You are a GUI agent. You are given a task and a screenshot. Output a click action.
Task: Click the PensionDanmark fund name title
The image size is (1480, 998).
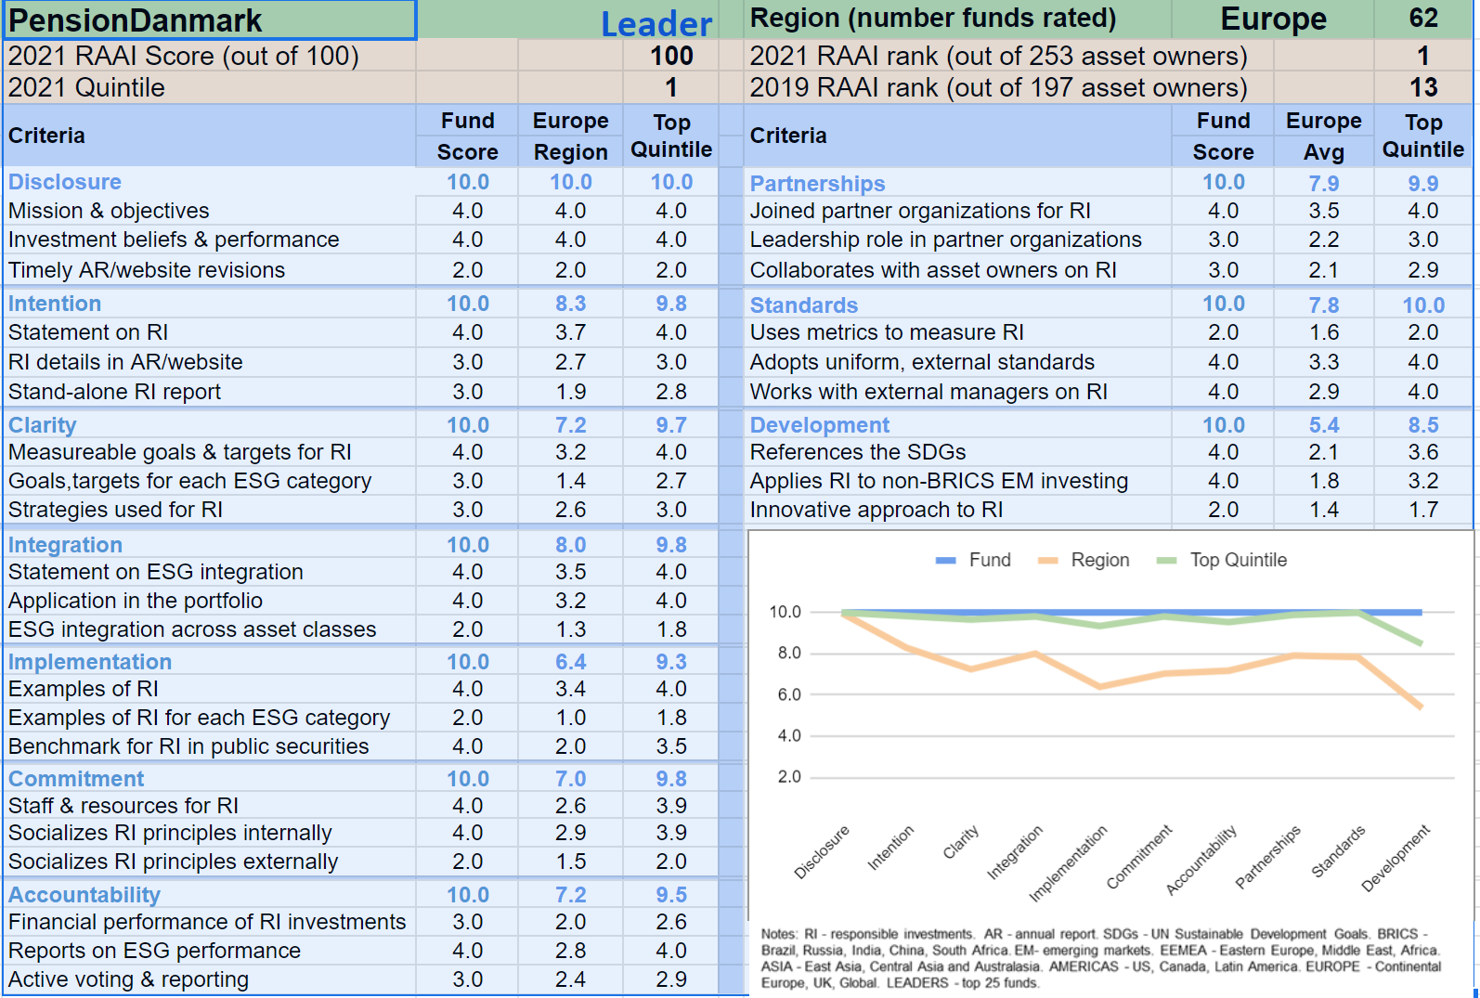(136, 20)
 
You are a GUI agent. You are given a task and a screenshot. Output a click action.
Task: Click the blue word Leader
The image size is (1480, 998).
(656, 24)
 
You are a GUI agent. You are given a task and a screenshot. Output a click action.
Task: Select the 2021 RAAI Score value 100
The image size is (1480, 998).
(670, 56)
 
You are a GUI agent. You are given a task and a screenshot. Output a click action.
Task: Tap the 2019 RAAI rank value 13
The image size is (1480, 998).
(1422, 87)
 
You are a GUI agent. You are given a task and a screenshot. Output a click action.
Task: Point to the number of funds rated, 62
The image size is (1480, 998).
(1422, 19)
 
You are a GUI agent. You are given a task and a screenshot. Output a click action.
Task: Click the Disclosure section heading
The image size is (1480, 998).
(65, 182)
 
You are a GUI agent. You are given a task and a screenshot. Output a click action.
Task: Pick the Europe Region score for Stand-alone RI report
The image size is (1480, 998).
(570, 392)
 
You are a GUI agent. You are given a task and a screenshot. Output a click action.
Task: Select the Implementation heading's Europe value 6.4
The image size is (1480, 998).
(570, 662)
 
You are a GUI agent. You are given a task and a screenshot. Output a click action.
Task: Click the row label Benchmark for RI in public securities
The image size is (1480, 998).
(188, 746)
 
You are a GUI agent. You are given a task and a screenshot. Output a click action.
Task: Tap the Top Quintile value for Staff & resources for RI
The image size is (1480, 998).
(670, 806)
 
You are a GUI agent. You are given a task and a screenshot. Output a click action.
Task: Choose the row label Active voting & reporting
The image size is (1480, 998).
(128, 979)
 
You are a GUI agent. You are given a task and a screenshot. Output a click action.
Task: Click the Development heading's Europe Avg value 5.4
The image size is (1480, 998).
(1323, 425)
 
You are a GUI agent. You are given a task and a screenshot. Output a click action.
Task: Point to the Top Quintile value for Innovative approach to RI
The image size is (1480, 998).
(1422, 510)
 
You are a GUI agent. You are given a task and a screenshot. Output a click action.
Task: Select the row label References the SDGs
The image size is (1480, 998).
(857, 452)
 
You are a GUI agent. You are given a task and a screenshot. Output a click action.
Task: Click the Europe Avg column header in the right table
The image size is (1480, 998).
(1323, 136)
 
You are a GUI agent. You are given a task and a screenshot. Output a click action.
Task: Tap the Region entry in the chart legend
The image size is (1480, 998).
(1099, 560)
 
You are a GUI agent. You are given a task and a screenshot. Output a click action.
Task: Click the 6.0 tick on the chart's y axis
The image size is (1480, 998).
(788, 694)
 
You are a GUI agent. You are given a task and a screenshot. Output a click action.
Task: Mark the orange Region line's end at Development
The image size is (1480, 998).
(1421, 707)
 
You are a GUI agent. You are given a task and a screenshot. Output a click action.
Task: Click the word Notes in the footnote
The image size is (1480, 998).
(778, 934)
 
